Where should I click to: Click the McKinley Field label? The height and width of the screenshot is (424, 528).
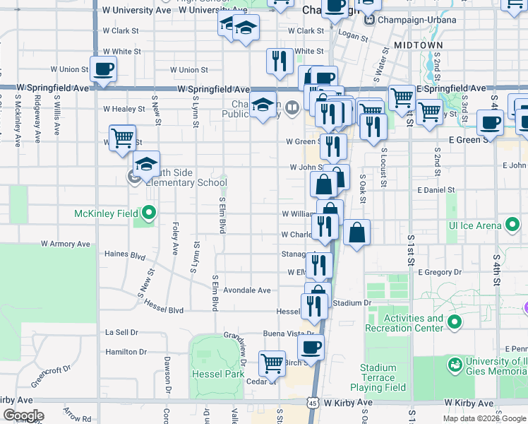(x=106, y=213)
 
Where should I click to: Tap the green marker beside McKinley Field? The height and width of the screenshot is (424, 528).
(x=149, y=212)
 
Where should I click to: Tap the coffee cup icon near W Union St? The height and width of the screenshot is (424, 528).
(x=103, y=69)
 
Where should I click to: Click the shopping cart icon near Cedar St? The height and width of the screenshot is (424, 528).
(x=272, y=363)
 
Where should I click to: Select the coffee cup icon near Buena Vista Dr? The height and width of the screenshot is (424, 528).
(x=311, y=347)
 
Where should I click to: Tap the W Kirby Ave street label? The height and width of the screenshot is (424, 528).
(x=348, y=402)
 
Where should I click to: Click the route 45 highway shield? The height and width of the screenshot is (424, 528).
(x=312, y=402)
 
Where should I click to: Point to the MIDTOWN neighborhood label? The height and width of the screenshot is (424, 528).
(x=419, y=45)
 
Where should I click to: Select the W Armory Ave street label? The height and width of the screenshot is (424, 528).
(x=66, y=244)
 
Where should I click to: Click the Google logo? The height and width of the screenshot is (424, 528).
(x=23, y=416)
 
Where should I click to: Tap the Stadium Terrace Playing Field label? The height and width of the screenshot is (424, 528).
(x=382, y=377)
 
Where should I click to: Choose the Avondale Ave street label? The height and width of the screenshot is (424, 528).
(x=247, y=290)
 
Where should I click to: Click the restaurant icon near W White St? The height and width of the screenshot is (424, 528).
(x=280, y=61)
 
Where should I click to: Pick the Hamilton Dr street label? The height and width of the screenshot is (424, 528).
(x=126, y=351)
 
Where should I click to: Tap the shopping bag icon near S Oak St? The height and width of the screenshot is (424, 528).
(x=357, y=232)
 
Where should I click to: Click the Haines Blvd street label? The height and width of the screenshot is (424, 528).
(x=124, y=254)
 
